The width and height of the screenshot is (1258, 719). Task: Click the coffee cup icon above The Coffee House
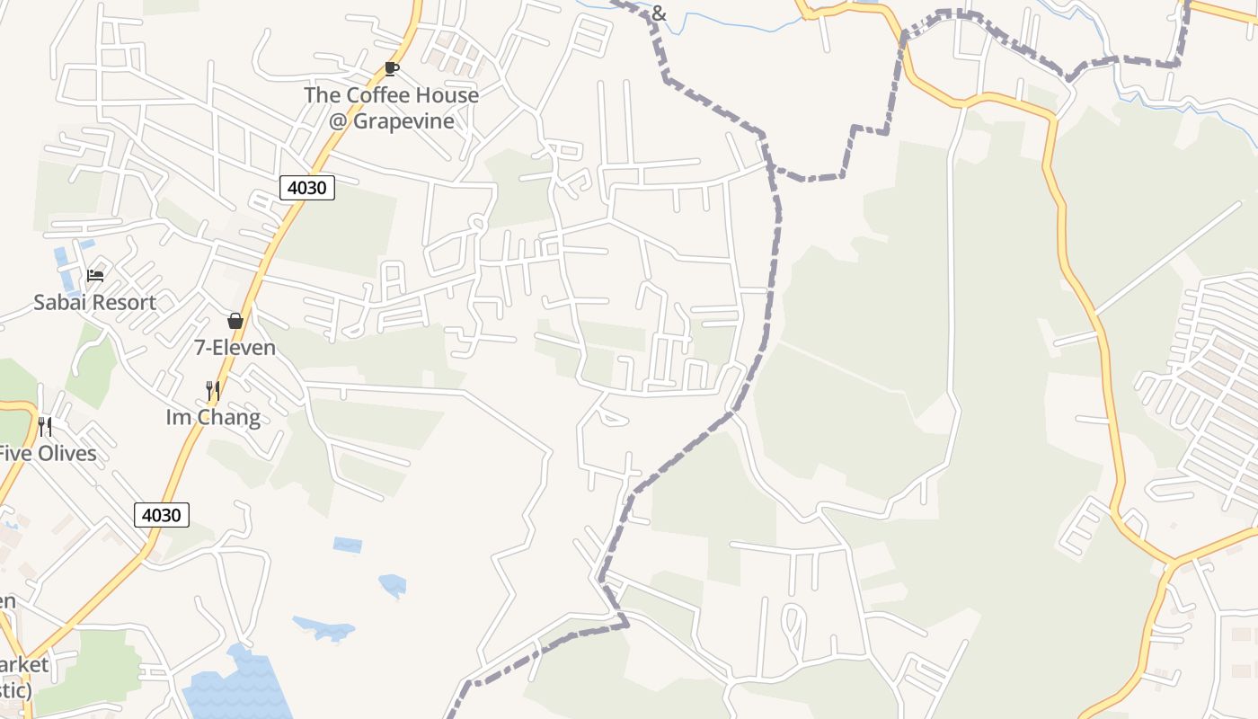coord(391,68)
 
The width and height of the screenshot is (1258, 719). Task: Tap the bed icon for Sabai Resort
coord(95,275)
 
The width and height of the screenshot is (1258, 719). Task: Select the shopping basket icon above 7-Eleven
coord(235,321)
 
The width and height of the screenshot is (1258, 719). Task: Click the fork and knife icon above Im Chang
coord(213,390)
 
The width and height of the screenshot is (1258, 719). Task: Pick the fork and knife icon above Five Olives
coord(45,426)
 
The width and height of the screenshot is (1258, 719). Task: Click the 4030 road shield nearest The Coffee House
coord(307,188)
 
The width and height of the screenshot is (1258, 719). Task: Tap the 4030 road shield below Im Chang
coord(162,515)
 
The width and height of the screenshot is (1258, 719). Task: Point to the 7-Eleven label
coord(235,347)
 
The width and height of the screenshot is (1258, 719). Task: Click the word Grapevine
coord(403,120)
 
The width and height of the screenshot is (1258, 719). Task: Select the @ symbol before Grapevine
coord(338,120)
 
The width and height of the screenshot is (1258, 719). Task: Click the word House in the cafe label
coord(444,94)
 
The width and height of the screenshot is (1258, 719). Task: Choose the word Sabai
coord(58,302)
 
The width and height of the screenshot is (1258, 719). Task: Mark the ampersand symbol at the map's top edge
coord(659,13)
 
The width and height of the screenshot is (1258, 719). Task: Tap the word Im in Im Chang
coord(178,417)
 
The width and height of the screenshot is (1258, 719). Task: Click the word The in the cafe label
coord(322,94)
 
